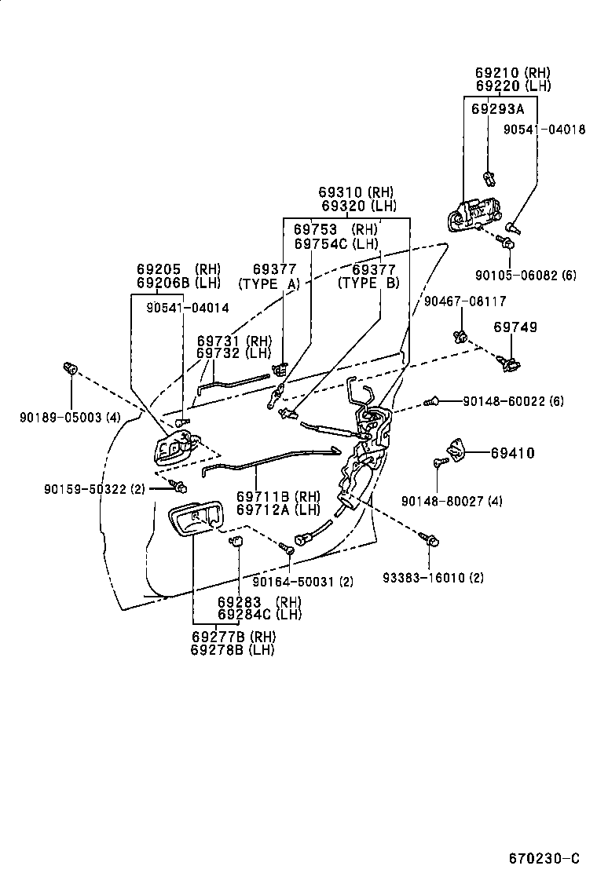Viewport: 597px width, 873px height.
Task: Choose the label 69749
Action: (515, 327)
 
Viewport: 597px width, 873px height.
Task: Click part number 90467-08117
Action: (465, 301)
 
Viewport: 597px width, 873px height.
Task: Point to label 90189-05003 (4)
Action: (70, 417)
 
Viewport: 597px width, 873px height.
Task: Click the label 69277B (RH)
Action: (233, 637)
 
